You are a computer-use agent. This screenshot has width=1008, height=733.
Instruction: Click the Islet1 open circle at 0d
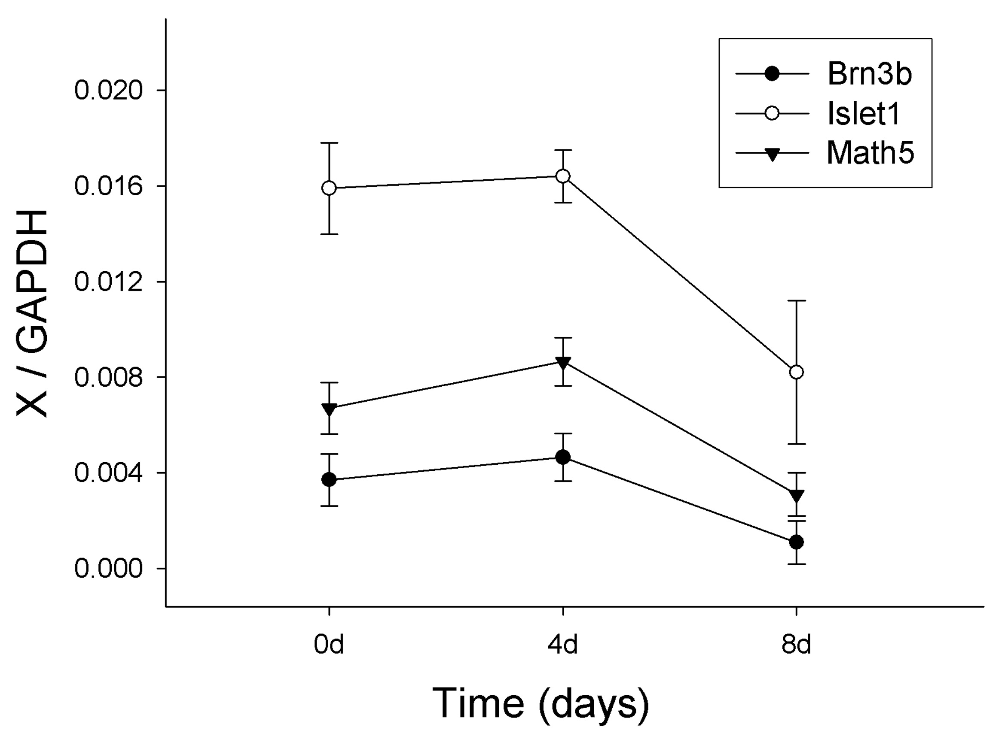pyautogui.click(x=329, y=188)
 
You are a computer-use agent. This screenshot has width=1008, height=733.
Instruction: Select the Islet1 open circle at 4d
pyautogui.click(x=563, y=176)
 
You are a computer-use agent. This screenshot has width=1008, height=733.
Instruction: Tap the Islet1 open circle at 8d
pyautogui.click(x=797, y=372)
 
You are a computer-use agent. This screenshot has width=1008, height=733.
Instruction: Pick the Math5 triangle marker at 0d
pyautogui.click(x=329, y=409)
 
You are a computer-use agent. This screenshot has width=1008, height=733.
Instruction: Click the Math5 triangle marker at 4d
pyautogui.click(x=563, y=363)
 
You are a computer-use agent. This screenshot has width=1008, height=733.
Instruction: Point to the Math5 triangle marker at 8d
pyautogui.click(x=797, y=496)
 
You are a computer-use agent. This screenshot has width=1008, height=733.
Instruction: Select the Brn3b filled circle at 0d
pyautogui.click(x=329, y=480)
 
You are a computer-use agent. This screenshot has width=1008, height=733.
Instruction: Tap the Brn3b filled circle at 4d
pyautogui.click(x=563, y=457)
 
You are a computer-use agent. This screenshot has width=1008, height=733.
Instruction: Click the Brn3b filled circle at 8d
pyautogui.click(x=797, y=542)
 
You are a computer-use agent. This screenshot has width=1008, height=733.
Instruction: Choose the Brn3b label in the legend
pyautogui.click(x=869, y=74)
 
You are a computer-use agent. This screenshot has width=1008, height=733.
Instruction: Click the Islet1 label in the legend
pyautogui.click(x=864, y=114)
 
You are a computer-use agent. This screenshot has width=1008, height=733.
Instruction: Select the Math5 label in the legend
pyautogui.click(x=870, y=153)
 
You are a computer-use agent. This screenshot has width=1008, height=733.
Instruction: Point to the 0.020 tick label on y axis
pyautogui.click(x=108, y=91)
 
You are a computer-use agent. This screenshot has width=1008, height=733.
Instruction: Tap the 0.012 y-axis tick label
pyautogui.click(x=108, y=282)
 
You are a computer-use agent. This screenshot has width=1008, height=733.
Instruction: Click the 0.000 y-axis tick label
pyautogui.click(x=108, y=569)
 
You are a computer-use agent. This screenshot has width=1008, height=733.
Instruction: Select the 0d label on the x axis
pyautogui.click(x=329, y=645)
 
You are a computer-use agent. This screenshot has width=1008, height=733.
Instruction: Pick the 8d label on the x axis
pyautogui.click(x=797, y=645)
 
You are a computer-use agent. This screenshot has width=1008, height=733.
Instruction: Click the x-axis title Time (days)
pyautogui.click(x=541, y=703)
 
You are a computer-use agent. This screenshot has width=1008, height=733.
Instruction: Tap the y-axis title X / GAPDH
pyautogui.click(x=32, y=313)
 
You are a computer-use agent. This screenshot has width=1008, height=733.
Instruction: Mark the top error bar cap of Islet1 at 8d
pyautogui.click(x=797, y=301)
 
